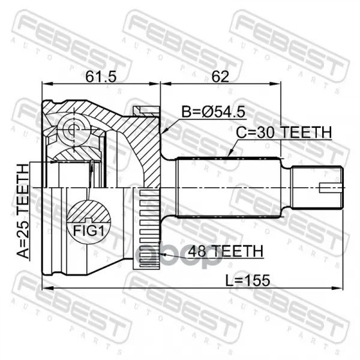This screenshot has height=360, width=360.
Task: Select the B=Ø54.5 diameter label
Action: [213, 112]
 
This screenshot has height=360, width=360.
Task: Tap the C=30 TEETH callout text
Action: [284, 132]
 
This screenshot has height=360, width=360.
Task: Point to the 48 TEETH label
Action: [226, 251]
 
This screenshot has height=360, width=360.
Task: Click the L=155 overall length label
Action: [247, 280]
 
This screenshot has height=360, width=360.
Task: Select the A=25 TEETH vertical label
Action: [23, 211]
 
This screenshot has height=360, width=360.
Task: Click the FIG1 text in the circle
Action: [89, 230]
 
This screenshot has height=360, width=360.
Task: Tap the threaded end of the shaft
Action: [317, 188]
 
